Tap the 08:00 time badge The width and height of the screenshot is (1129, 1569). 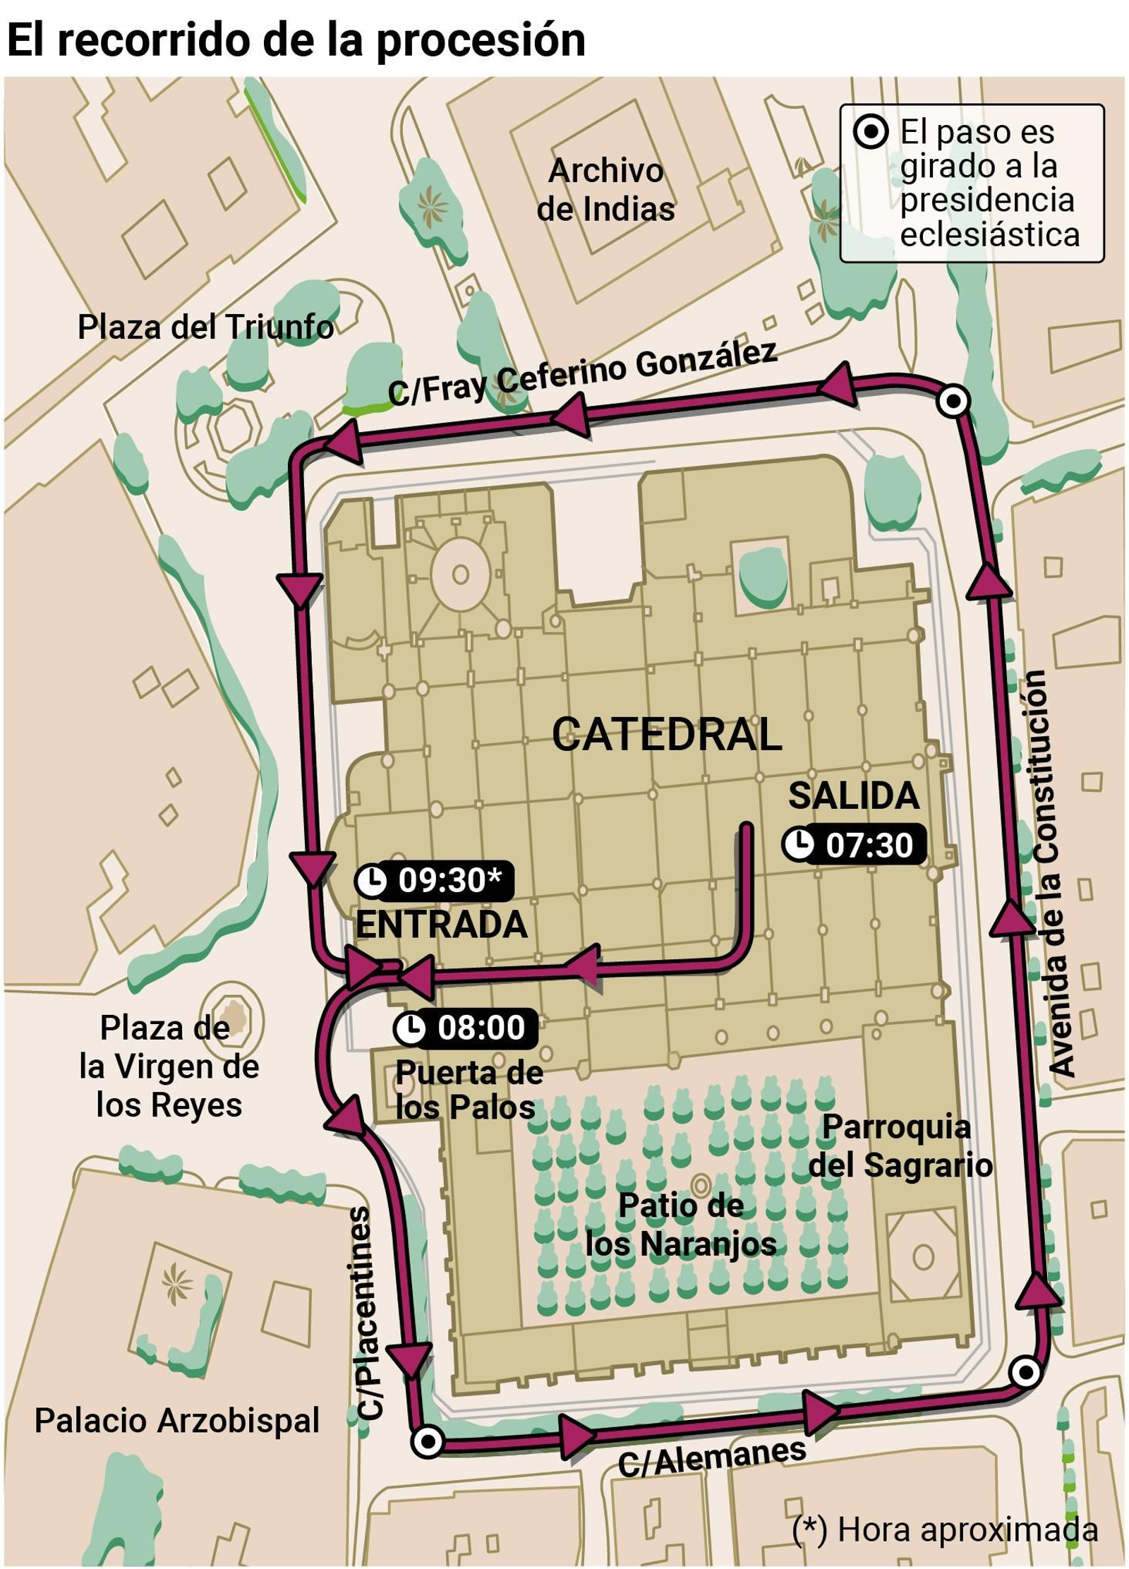point(466,1028)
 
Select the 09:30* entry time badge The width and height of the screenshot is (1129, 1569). point(434,881)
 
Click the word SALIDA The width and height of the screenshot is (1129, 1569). point(854,796)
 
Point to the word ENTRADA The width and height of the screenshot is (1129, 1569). point(441,925)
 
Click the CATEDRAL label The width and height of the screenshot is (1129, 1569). point(667,735)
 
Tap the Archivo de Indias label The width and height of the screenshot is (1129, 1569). point(605,190)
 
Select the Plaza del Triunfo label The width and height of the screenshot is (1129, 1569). point(205,327)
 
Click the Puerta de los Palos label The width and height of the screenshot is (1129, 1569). point(469,1090)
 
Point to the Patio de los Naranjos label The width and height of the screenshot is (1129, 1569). point(680,1225)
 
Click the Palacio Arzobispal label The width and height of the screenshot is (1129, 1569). point(177,1421)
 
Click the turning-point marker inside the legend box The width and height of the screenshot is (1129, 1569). point(871,132)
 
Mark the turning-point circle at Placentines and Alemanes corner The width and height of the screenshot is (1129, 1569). point(427,1442)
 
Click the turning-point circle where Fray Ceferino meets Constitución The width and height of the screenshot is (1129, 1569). point(953,402)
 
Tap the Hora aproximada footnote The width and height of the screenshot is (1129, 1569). point(945,1529)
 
